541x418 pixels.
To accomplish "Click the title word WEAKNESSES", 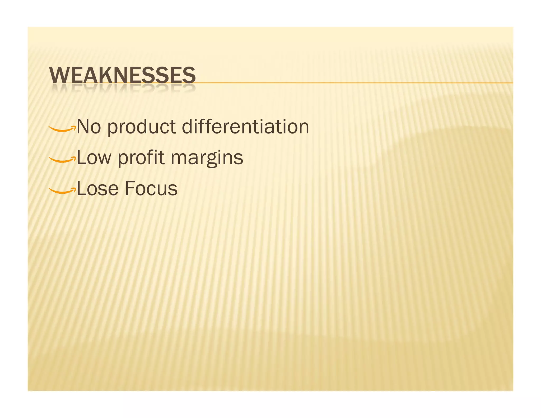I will [x=122, y=75].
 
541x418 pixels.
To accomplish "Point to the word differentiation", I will [x=245, y=127].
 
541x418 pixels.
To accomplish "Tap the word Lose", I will [x=97, y=189].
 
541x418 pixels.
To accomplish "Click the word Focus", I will [x=151, y=189].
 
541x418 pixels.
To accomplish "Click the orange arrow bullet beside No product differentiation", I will [x=62, y=129].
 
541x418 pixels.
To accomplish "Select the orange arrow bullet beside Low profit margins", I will [x=62, y=160].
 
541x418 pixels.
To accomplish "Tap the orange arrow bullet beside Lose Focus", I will [x=62, y=191].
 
